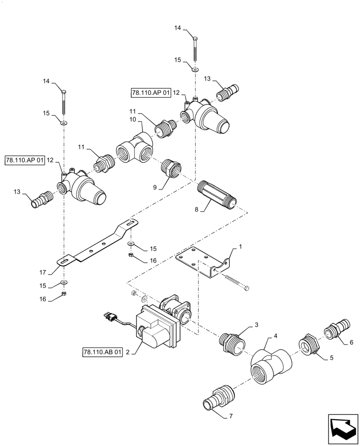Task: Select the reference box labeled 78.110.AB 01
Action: tap(102, 352)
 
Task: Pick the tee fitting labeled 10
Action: tap(135, 148)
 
